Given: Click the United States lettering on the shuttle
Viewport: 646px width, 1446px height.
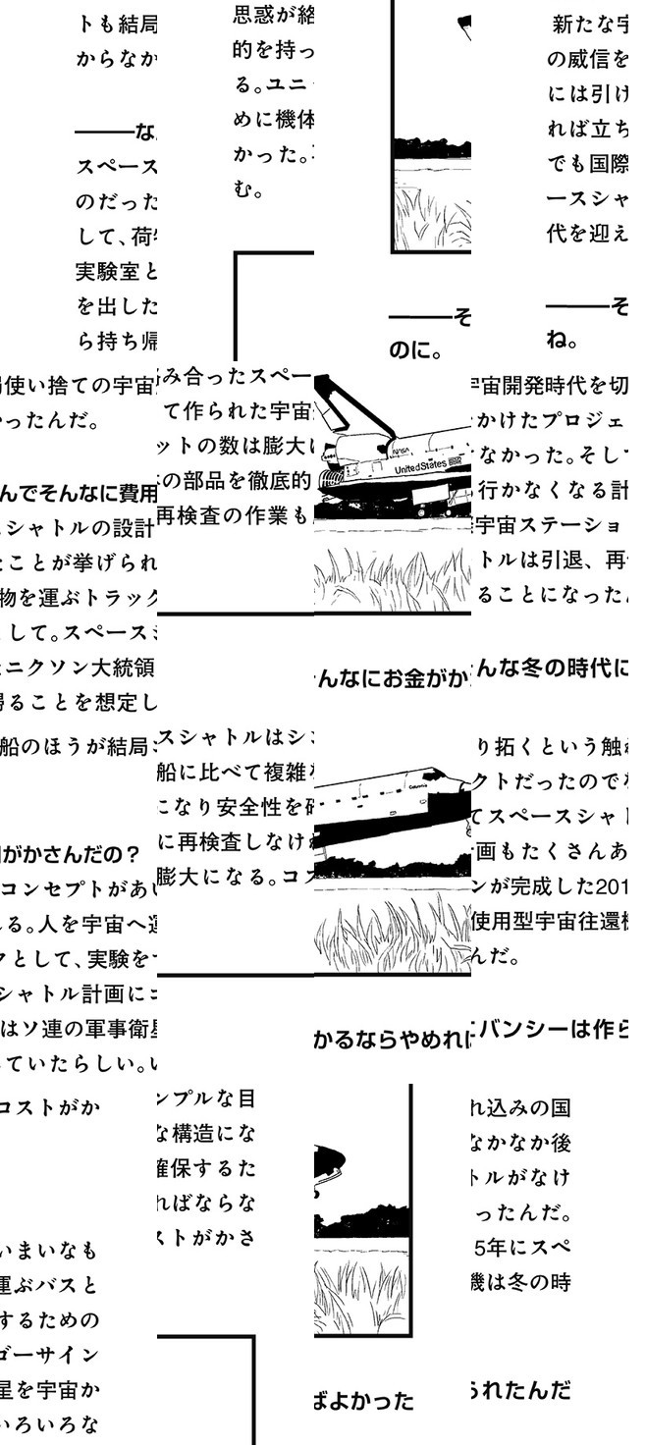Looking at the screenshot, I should pyautogui.click(x=420, y=464).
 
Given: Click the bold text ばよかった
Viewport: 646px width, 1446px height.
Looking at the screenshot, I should pyautogui.click(x=364, y=1401).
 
